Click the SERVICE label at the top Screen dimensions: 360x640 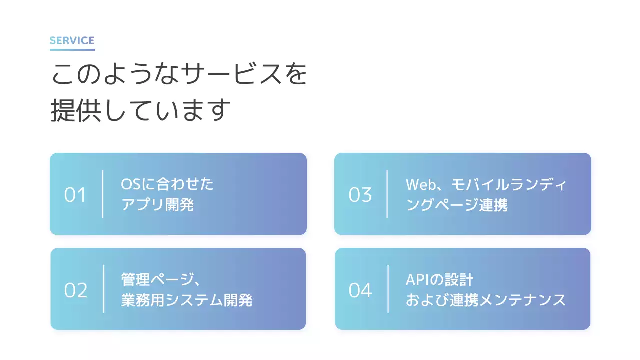[72, 41]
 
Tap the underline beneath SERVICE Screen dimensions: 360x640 [72, 49]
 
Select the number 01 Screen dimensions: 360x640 [75, 195]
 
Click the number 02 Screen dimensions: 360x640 [76, 290]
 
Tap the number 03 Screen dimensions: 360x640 [360, 195]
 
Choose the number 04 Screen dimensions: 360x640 [360, 290]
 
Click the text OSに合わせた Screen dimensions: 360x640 [167, 184]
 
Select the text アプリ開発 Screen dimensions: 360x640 [157, 205]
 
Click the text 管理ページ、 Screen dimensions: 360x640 [161, 279]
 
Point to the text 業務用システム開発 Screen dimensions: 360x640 [186, 300]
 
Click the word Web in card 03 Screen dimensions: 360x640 [418, 184]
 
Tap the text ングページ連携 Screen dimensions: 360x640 [457, 205]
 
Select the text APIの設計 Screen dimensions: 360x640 [439, 279]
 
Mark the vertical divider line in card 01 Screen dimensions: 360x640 [103, 194]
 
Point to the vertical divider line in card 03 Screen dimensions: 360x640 [387, 194]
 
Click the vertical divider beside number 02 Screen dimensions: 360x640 [104, 289]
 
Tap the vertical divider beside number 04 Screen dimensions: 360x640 [388, 289]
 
